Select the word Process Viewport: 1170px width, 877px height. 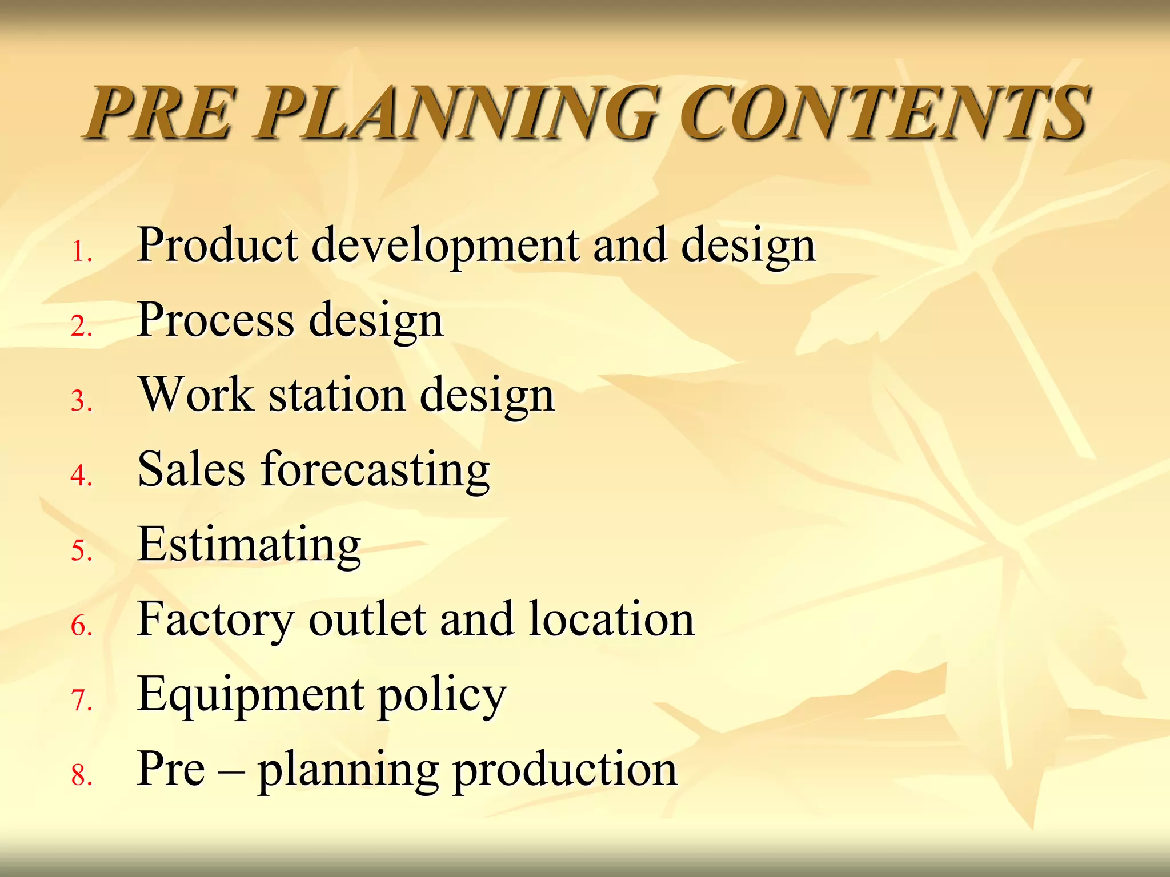(215, 320)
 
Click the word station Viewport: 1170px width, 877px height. (337, 395)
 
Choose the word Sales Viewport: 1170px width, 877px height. (191, 469)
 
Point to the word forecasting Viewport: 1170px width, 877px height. (375, 472)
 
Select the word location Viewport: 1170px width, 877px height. (611, 619)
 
